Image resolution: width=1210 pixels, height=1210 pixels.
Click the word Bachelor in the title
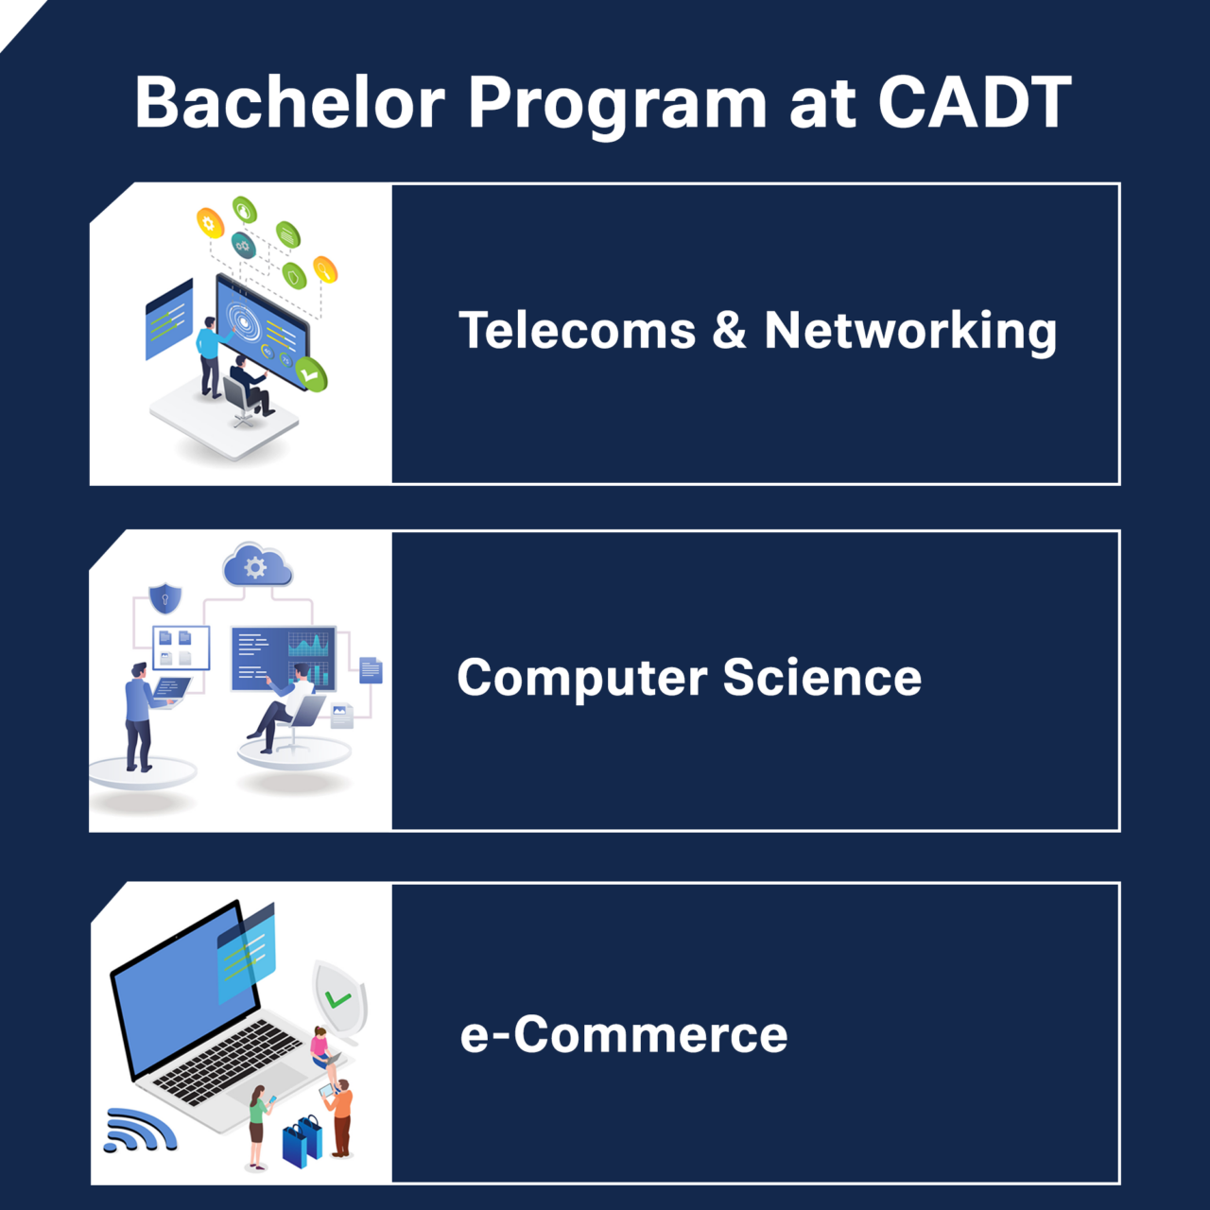click(289, 102)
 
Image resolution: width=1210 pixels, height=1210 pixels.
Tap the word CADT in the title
click(975, 102)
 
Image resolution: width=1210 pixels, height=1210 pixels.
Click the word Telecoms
click(577, 331)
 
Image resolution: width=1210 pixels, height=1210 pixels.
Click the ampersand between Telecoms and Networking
click(729, 331)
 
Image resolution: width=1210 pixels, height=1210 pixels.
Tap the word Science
click(821, 678)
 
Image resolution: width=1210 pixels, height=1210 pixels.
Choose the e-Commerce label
click(624, 1034)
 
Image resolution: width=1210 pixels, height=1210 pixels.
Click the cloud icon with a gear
click(256, 565)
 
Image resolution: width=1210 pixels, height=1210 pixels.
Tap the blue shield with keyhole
click(165, 598)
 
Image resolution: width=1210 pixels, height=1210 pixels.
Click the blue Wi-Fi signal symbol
click(139, 1131)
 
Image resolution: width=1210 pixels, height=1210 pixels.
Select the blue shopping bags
click(302, 1142)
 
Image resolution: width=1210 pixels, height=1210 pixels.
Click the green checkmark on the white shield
click(337, 999)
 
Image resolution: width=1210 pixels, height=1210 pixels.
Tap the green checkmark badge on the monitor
click(310, 374)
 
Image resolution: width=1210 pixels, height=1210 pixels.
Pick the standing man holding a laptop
click(140, 717)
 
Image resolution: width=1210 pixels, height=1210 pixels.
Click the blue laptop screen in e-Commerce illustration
click(184, 988)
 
